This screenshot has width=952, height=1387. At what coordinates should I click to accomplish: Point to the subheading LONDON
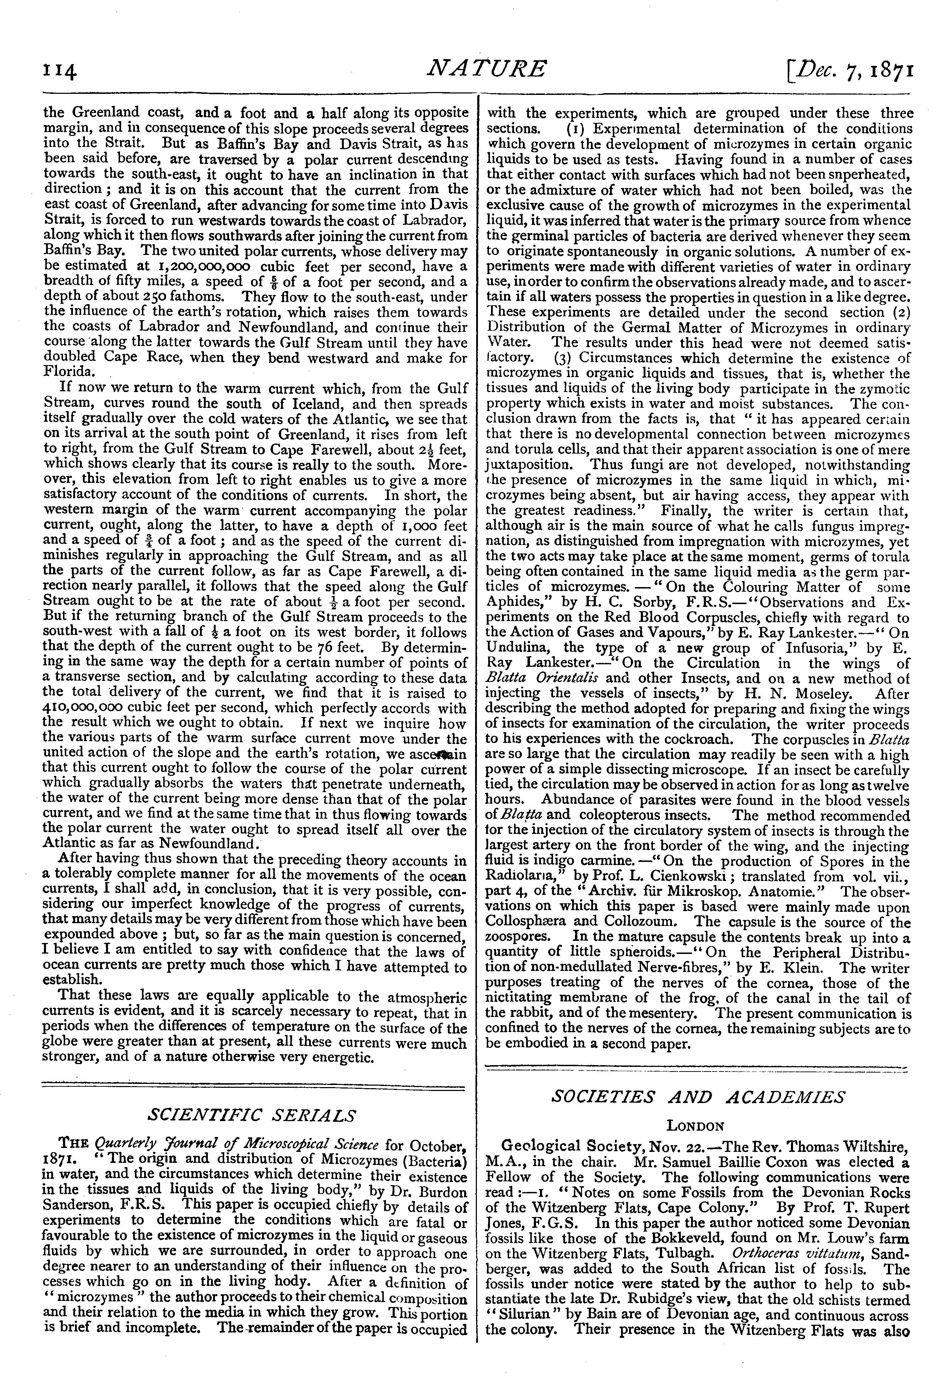coord(695,1126)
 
